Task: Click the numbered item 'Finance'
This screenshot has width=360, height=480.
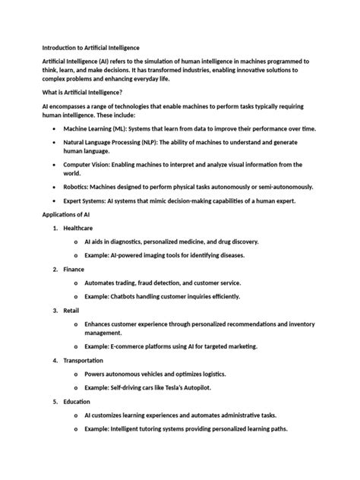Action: click(74, 269)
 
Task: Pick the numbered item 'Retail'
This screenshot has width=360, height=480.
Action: click(71, 310)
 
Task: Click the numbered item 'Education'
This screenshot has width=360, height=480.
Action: click(77, 401)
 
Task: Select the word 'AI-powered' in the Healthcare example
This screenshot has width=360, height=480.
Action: click(125, 255)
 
